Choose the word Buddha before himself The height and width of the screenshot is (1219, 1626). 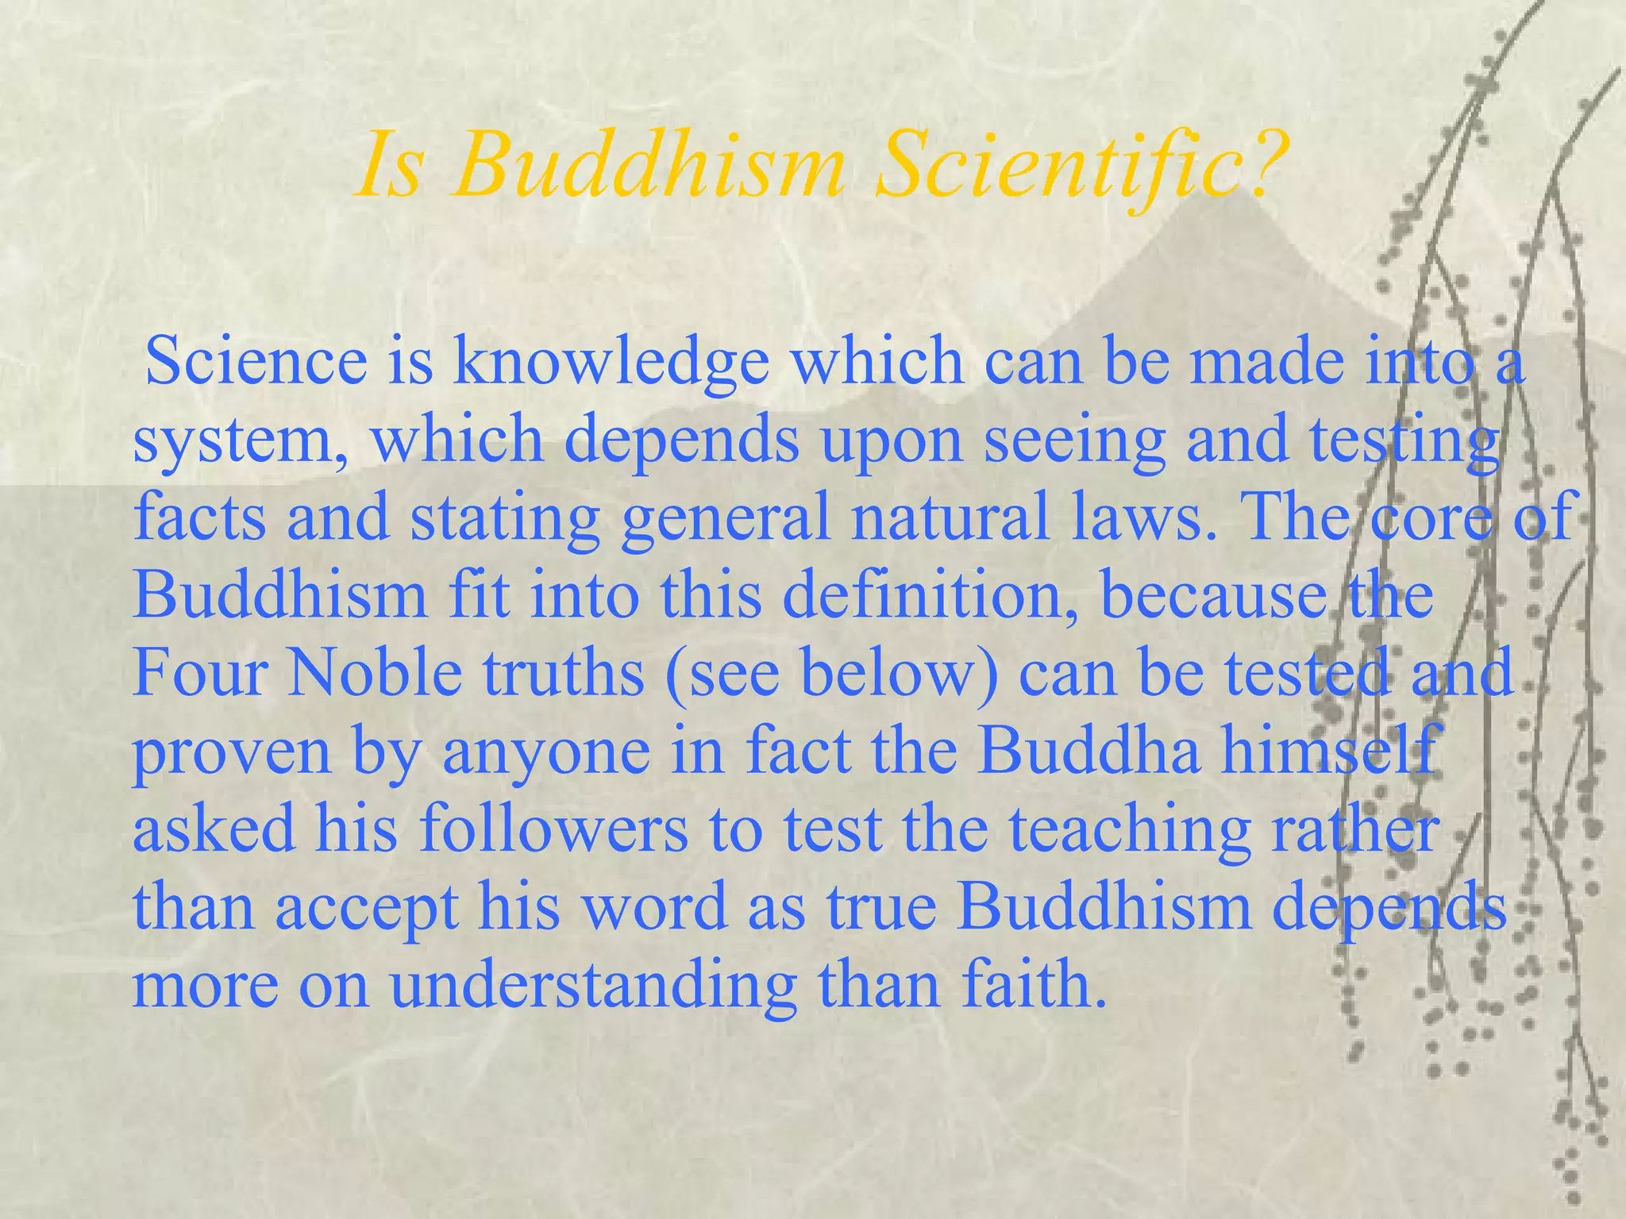pyautogui.click(x=1088, y=750)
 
